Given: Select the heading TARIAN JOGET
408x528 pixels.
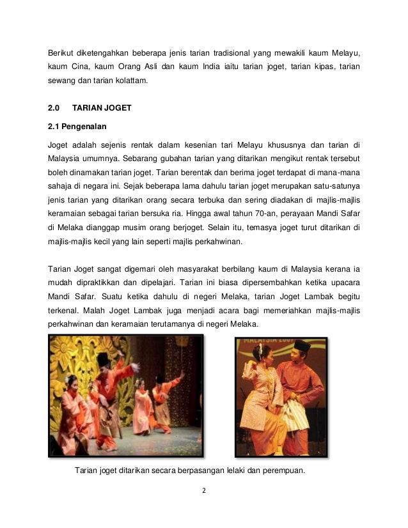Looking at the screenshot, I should [103, 108].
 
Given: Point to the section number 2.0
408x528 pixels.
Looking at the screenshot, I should [55, 108].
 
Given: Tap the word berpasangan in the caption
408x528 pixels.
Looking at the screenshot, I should [203, 472].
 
